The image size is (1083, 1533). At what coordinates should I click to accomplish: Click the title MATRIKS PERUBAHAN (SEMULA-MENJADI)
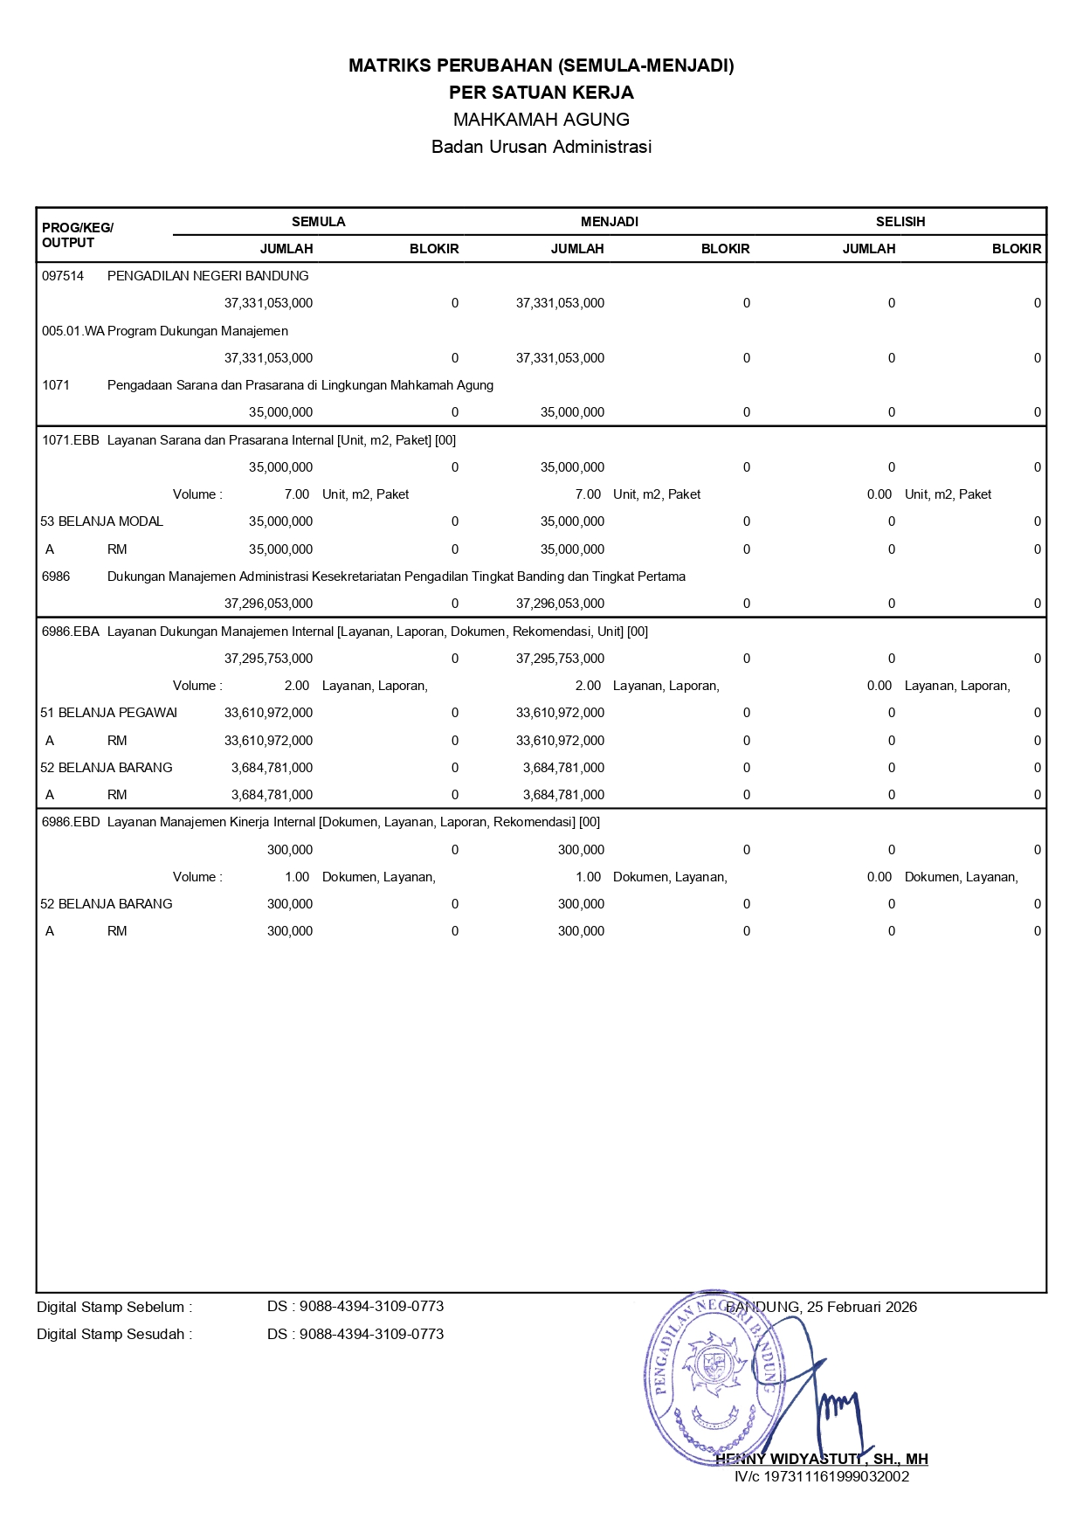[541, 66]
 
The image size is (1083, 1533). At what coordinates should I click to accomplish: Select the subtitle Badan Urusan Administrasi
[541, 147]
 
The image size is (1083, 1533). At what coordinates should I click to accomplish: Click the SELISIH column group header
[900, 222]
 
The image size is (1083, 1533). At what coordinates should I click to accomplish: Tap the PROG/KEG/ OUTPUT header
[77, 235]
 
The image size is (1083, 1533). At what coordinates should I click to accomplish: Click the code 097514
[63, 276]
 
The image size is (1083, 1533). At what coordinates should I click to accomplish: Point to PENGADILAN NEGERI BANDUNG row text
[208, 276]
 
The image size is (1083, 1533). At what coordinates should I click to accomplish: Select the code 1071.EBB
[71, 440]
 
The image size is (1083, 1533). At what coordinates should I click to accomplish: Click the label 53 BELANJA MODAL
[102, 521]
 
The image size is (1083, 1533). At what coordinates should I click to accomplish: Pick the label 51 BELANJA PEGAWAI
[109, 713]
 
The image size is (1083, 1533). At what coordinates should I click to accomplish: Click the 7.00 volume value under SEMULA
[297, 494]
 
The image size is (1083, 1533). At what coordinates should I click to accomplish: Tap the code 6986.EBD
[71, 822]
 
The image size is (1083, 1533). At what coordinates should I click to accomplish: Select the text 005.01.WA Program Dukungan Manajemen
[165, 331]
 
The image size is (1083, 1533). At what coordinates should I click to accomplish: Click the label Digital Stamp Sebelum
[114, 1308]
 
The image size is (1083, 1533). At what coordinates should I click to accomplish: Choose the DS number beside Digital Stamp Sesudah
[355, 1335]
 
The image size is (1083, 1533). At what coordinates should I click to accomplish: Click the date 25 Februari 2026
[861, 1308]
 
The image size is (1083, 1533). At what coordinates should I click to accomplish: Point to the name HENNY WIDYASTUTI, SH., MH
[821, 1460]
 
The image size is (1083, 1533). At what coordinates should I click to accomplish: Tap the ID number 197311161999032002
[836, 1477]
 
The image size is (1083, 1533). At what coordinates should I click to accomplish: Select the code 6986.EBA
[71, 632]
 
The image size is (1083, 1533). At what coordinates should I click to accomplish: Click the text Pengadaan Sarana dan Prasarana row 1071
[300, 385]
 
